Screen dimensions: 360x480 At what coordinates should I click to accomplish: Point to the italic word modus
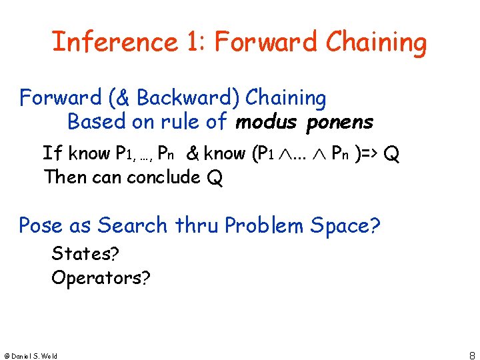coord(265,123)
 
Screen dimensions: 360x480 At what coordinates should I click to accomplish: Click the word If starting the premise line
coord(53,153)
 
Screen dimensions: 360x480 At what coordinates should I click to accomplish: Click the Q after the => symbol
coord(393,155)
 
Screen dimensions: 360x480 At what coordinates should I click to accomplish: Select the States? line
coord(84,254)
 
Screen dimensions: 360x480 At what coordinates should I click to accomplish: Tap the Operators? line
coord(101,278)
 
